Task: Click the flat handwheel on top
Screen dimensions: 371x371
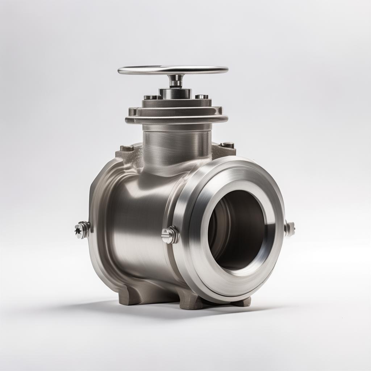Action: tap(173, 70)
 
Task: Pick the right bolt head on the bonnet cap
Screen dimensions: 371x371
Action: tap(202, 97)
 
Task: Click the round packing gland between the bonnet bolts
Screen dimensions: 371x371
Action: tap(175, 93)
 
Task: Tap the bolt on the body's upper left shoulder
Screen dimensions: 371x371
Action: tap(127, 148)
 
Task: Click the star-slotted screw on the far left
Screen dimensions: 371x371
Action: tap(82, 230)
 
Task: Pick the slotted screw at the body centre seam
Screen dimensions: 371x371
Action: tap(170, 235)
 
